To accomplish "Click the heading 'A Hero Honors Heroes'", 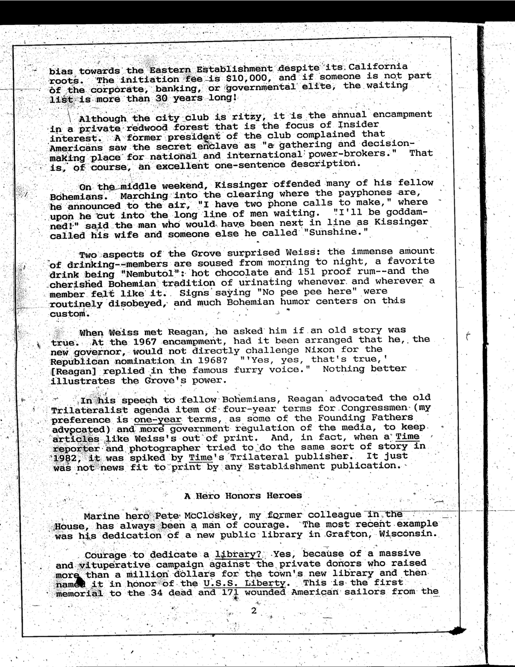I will [x=243, y=496].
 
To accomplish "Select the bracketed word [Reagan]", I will [x=74, y=371].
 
